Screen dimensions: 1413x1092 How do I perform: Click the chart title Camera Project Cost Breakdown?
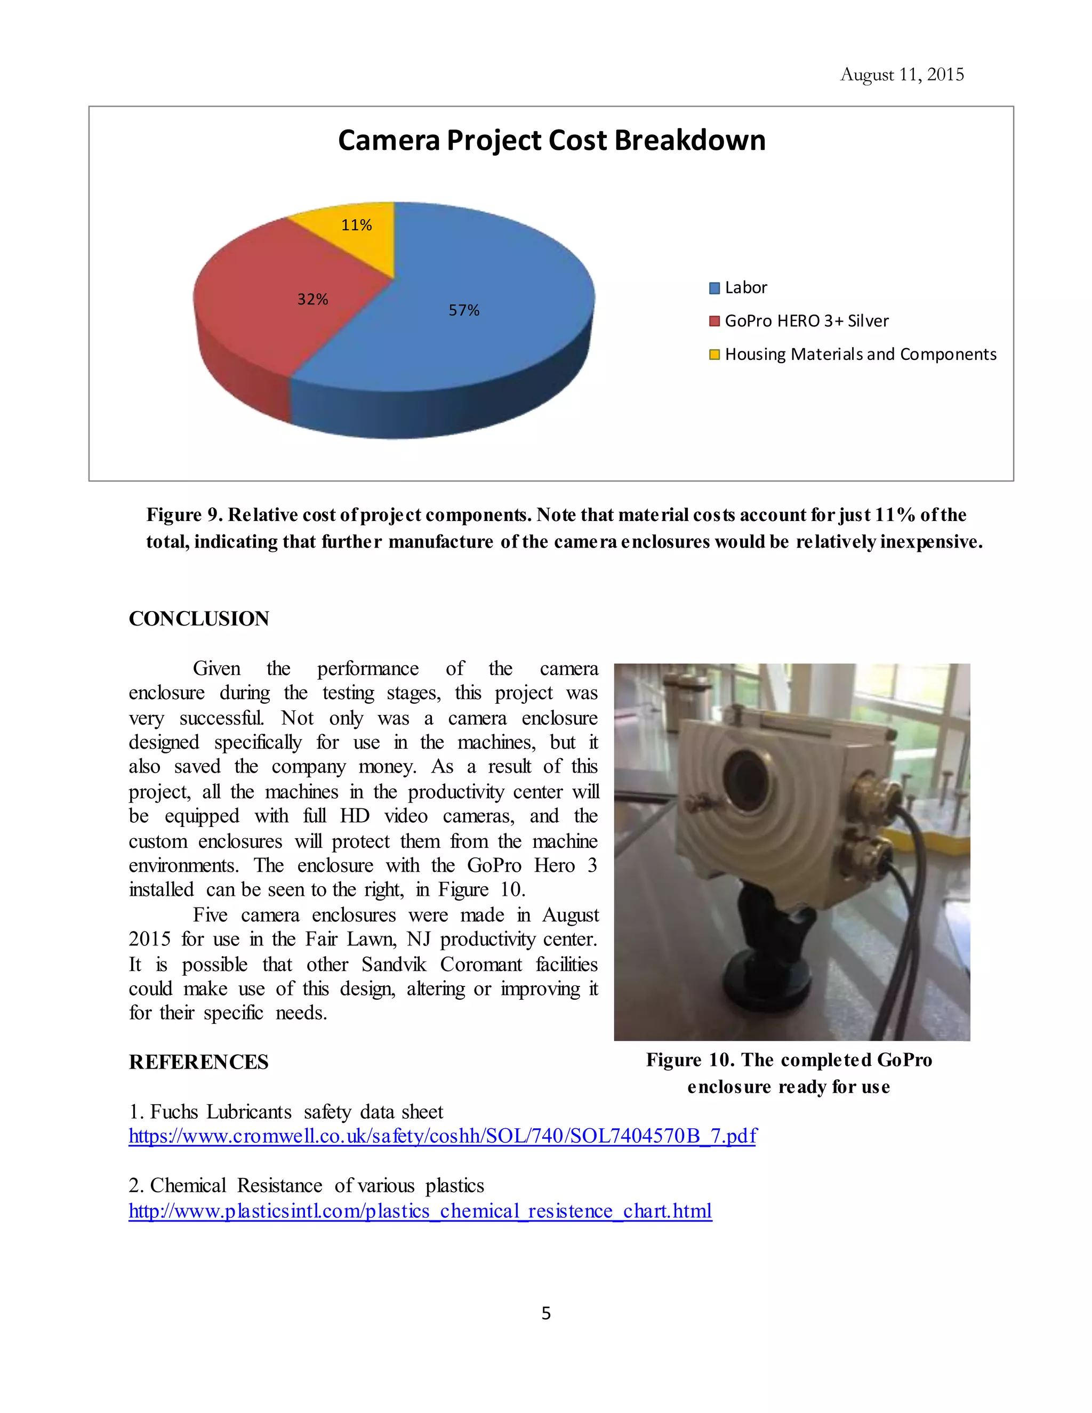click(551, 140)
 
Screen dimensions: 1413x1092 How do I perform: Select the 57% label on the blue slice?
click(464, 310)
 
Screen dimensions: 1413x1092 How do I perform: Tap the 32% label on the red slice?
click(312, 300)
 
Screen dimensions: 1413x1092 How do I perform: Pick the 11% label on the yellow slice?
click(357, 225)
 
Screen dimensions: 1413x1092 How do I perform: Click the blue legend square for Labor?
click(714, 288)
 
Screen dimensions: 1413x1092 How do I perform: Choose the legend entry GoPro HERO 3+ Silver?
click(806, 321)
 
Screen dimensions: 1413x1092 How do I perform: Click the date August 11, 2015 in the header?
click(901, 75)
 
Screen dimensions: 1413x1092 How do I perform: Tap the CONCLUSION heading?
click(198, 619)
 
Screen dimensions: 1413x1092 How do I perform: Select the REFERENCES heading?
click(198, 1062)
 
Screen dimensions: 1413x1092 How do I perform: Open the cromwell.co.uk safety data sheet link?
click(442, 1136)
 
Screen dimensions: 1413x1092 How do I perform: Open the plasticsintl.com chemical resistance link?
click(420, 1211)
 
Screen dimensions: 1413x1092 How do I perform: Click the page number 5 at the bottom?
click(546, 1313)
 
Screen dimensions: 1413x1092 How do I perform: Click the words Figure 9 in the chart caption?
click(184, 515)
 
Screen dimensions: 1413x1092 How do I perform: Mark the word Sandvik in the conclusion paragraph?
click(394, 965)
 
